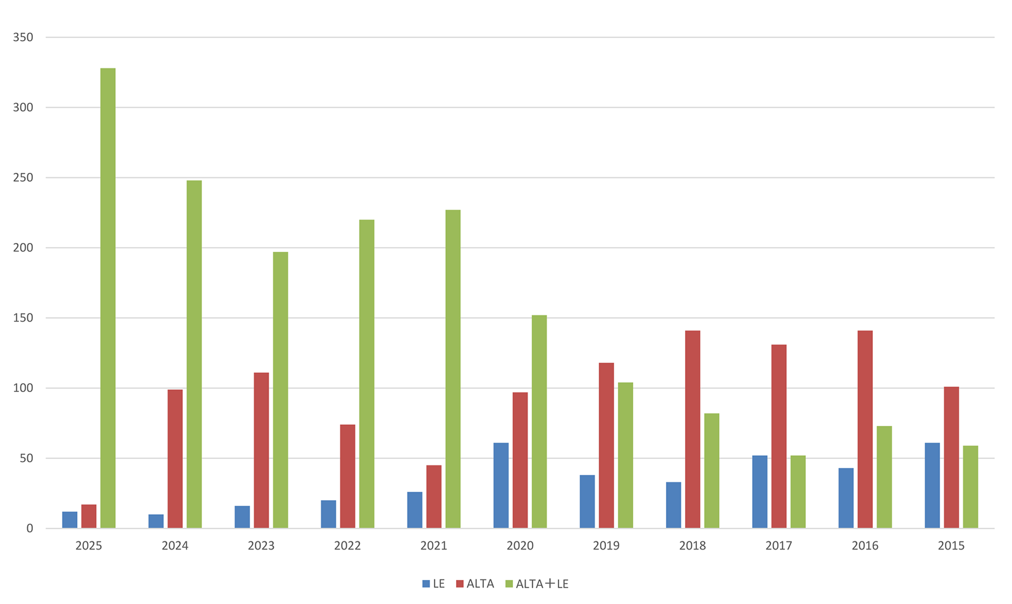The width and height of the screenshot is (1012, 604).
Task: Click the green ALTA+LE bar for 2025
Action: tap(108, 298)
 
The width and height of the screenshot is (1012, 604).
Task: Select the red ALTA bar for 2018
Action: tap(693, 429)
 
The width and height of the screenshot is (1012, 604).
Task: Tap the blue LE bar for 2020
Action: tap(501, 486)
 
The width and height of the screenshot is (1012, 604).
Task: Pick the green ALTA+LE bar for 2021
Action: tap(453, 368)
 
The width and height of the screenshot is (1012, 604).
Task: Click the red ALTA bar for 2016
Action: tap(865, 429)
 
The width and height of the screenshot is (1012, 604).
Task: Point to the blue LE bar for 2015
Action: tap(932, 486)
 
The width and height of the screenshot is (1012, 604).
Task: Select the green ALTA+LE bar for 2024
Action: tap(194, 355)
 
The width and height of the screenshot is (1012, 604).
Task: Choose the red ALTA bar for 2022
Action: tap(348, 476)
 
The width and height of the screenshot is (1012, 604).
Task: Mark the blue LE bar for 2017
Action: tap(760, 492)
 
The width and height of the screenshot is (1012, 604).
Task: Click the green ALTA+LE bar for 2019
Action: tap(626, 455)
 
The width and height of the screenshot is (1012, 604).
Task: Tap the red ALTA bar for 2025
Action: tap(89, 517)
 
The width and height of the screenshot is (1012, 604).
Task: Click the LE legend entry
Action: tap(434, 584)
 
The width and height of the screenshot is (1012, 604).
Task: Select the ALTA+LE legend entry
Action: tap(537, 584)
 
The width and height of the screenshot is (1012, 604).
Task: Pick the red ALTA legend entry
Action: tap(475, 584)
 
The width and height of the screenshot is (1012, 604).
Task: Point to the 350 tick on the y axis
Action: tap(23, 37)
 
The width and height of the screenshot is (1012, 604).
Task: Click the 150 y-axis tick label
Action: tap(23, 318)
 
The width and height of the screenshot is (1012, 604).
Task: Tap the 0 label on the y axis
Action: tap(29, 529)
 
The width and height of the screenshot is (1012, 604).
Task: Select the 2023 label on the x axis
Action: tap(261, 546)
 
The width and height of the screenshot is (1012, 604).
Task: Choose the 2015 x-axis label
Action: tap(951, 546)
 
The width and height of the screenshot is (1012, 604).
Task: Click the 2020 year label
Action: tap(520, 546)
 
